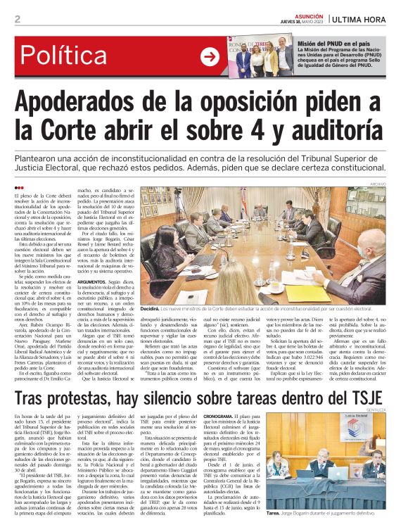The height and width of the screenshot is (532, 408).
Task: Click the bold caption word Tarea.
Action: (x=273, y=514)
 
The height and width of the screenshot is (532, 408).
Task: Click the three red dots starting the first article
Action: (x=19, y=187)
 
